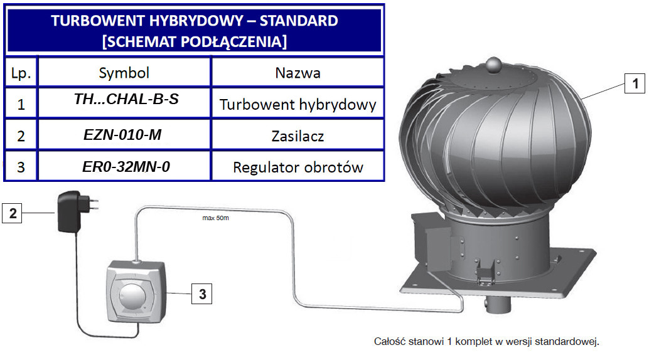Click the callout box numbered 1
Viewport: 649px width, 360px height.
coord(635,82)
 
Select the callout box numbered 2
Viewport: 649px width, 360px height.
coord(13,213)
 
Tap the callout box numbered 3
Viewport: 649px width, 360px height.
coord(202,293)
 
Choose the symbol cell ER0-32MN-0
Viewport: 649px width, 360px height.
coord(126,167)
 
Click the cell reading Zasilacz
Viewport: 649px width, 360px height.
coord(298,134)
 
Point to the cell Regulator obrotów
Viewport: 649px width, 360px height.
coord(298,167)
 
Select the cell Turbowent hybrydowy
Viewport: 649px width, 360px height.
coord(298,104)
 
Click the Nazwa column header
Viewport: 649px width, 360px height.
coord(298,73)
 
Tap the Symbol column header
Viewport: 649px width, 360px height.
coord(124,73)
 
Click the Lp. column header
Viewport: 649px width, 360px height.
coord(21,73)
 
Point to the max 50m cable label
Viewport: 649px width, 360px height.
coord(215,218)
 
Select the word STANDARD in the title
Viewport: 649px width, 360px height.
coord(299,21)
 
